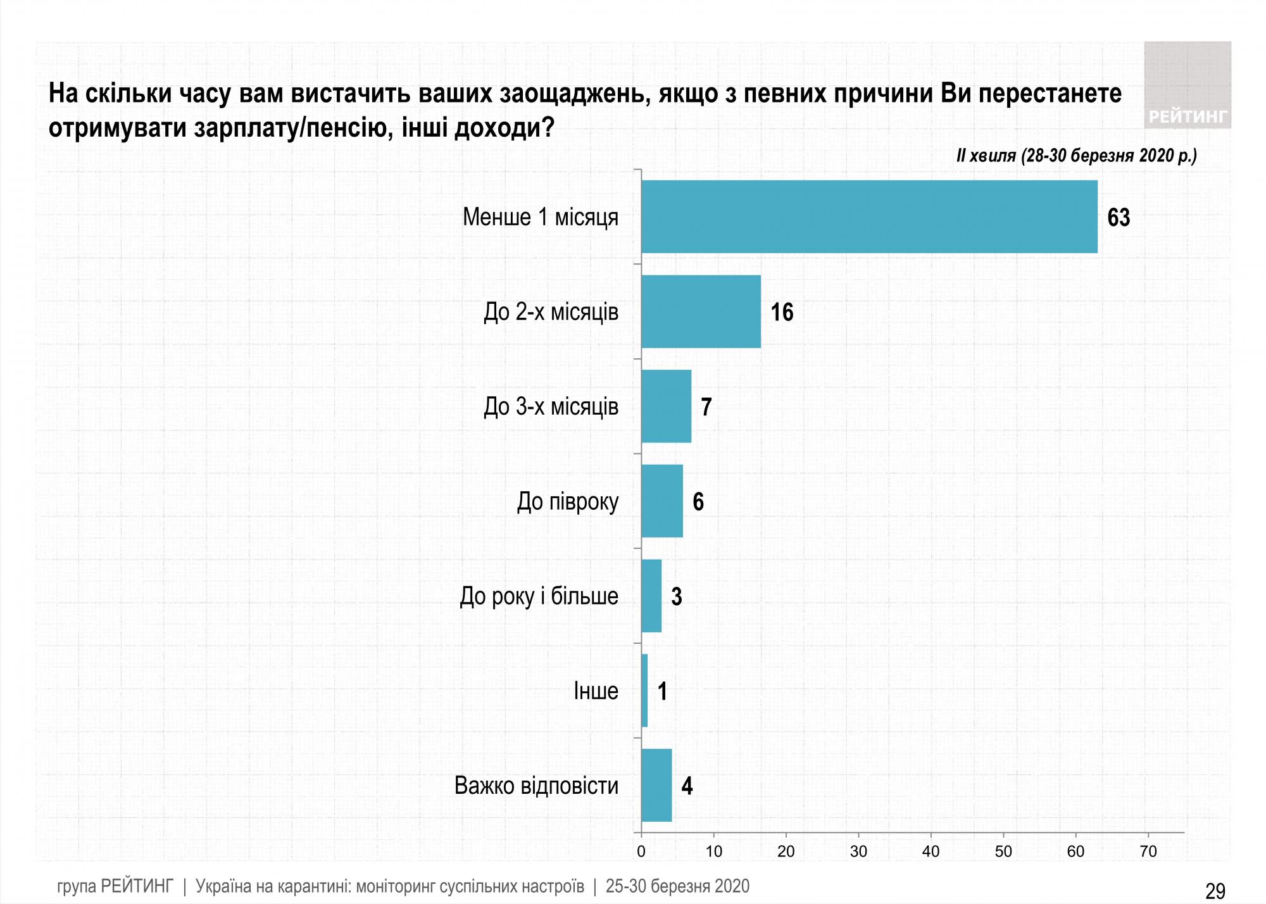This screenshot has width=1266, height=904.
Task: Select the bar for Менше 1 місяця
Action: coord(868,217)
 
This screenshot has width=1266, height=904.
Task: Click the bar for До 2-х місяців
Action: coord(701,311)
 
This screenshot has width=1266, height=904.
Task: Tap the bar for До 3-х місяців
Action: coord(666,406)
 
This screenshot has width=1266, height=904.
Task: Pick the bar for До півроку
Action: coord(662,501)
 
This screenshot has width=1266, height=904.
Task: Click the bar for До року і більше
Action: coord(651,596)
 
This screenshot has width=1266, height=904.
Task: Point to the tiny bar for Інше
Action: coord(644,691)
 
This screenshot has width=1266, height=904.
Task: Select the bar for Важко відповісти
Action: coord(656,785)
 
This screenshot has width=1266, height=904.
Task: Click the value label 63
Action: coord(1119,218)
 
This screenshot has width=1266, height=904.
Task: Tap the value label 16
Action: coord(782,312)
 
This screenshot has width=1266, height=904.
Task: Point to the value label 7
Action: coord(706,407)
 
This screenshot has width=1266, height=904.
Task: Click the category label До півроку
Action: coord(568,501)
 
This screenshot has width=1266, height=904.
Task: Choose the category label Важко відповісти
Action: coord(536,786)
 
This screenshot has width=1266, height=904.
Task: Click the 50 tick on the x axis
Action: coord(1003,851)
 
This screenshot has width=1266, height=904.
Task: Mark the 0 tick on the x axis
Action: coord(641,851)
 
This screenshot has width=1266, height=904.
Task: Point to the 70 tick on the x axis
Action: coord(1148,851)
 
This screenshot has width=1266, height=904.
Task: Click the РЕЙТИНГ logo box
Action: coord(1188,85)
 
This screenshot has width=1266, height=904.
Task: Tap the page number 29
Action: coord(1215,891)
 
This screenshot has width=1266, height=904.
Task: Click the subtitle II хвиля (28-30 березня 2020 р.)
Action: coord(1076,155)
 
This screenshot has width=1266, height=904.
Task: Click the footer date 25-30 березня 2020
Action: coord(677,886)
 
